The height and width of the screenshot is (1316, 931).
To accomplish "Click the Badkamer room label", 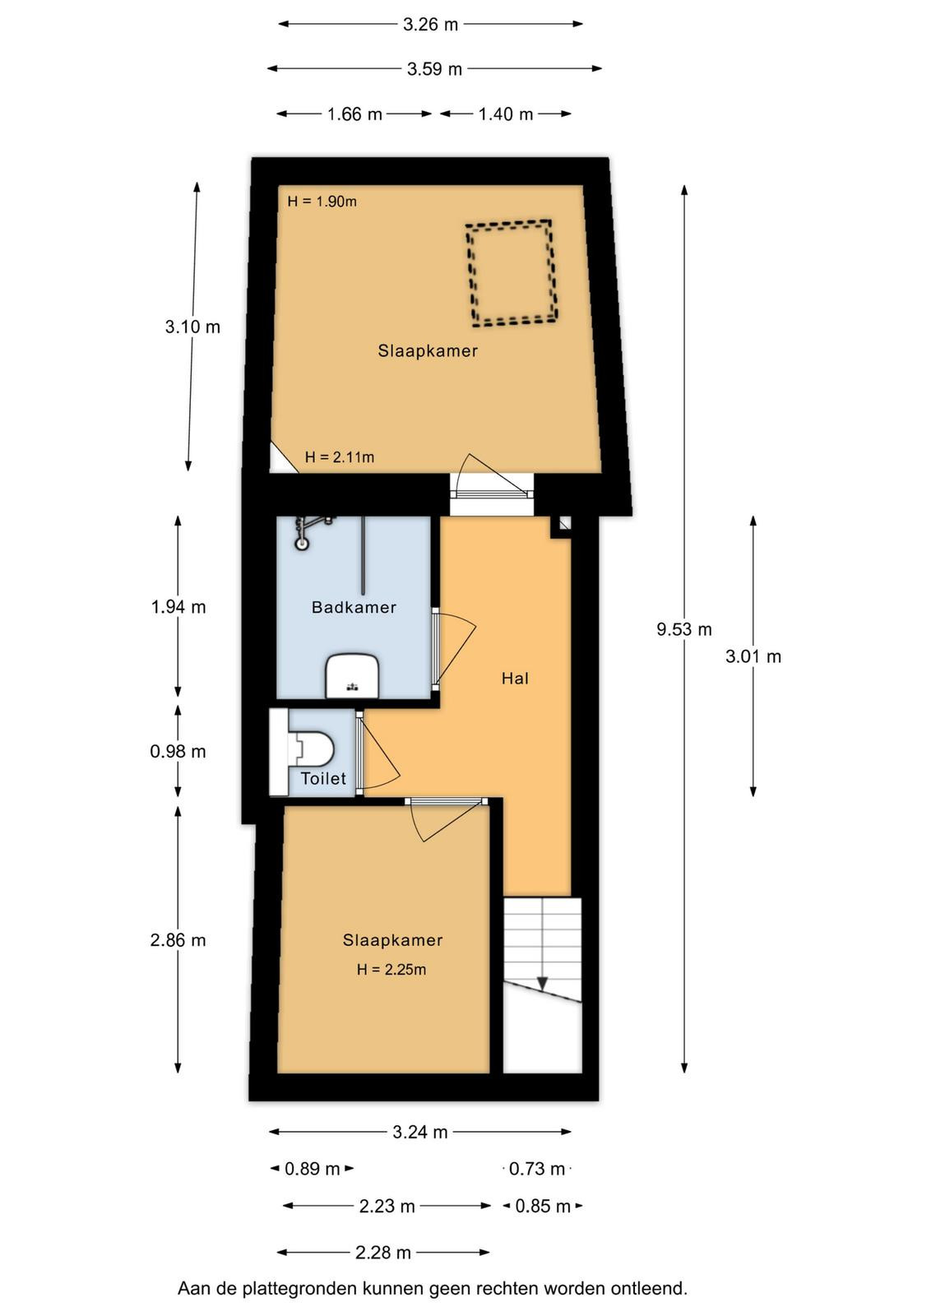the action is [354, 607].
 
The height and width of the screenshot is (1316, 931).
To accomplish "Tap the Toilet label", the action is [323, 778].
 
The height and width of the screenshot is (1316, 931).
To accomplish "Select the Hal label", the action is [515, 679].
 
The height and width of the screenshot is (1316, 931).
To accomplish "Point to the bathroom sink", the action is [352, 677].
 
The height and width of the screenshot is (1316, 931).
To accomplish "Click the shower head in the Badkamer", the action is [302, 544].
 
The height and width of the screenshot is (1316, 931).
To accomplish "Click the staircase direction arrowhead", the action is [542, 983].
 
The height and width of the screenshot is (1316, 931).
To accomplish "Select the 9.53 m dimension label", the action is [683, 629].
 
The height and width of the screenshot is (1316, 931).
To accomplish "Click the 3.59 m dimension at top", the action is [435, 69].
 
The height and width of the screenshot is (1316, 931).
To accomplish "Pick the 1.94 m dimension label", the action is [178, 607].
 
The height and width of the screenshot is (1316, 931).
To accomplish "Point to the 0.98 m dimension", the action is [178, 752].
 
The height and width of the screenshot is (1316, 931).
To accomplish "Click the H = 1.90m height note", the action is [322, 202].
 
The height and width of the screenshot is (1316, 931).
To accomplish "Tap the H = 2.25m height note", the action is [391, 970].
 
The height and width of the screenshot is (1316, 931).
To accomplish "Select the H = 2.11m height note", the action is [340, 457].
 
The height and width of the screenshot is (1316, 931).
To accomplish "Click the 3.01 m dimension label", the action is [753, 656].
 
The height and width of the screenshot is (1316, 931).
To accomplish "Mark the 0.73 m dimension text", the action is [537, 1169].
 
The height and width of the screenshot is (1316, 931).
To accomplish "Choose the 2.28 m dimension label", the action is [383, 1253].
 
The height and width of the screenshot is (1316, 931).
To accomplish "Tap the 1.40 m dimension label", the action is [505, 114].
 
